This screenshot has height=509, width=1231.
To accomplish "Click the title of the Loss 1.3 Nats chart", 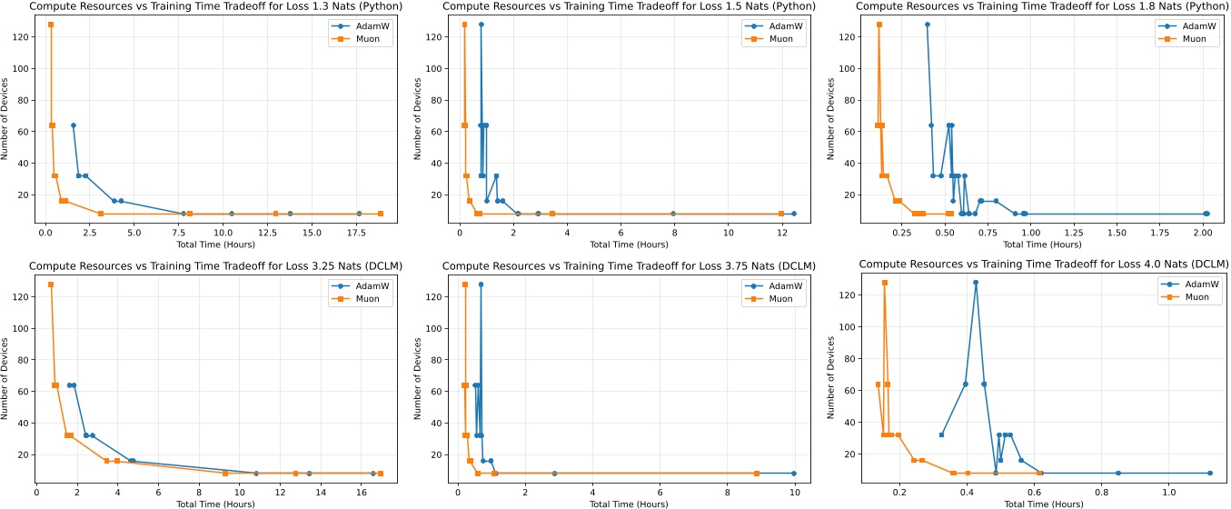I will [207, 6].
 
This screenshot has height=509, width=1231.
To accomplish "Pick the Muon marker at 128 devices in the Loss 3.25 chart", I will [51, 284].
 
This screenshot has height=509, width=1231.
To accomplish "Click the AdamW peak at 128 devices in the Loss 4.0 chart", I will [976, 282].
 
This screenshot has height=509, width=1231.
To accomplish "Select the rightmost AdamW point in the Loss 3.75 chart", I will [794, 474].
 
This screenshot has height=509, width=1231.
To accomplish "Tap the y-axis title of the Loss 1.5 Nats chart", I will [418, 118].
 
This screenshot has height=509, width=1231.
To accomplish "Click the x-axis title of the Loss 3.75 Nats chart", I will [626, 504].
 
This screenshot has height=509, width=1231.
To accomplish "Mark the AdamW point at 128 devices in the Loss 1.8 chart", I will [927, 25].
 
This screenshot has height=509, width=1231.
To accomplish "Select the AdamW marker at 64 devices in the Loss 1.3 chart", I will [74, 125].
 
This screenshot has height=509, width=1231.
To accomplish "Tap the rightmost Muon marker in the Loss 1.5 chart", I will [781, 214].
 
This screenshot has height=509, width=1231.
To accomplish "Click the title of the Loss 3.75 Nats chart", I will [626, 265].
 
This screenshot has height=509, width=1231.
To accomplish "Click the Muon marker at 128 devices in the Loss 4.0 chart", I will [884, 283].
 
